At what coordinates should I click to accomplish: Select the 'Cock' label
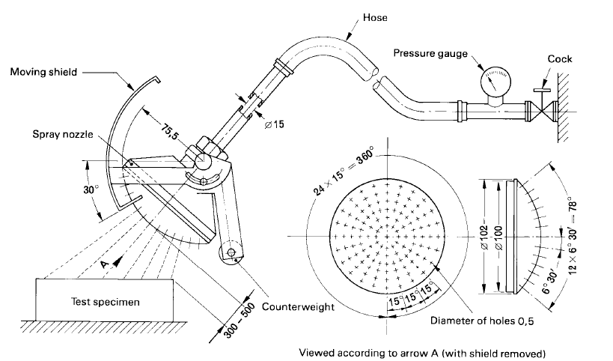tap(560, 58)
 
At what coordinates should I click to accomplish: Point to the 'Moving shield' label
tap(45, 73)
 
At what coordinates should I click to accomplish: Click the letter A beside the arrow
tap(106, 265)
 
